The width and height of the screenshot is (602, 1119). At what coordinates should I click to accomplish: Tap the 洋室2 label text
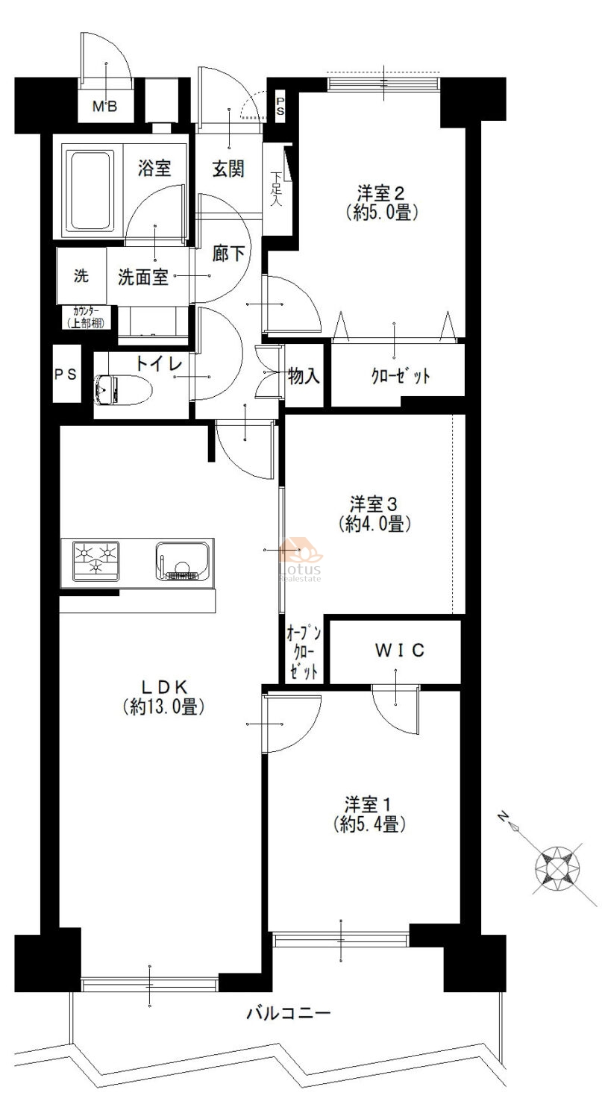point(381,192)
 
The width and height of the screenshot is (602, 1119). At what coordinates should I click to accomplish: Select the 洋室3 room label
point(374,504)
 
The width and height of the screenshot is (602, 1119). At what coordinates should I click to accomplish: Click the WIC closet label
point(400,650)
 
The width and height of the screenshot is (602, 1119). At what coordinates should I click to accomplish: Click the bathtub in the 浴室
point(90,191)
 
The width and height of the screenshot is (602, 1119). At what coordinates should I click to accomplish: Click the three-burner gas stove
point(96,561)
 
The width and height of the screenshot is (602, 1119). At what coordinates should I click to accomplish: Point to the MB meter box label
point(105,106)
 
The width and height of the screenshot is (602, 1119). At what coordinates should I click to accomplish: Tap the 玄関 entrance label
point(228,169)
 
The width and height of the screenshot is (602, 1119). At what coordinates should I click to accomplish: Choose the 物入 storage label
point(304,376)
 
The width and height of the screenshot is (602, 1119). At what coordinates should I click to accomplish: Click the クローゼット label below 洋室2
point(401,376)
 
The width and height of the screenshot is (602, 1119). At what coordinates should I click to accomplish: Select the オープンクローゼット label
point(304,653)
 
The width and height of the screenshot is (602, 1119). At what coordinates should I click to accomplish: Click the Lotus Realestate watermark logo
point(300,559)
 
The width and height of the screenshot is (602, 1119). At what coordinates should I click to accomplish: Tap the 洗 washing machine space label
point(81,275)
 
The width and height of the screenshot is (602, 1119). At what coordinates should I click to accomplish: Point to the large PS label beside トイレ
point(66,374)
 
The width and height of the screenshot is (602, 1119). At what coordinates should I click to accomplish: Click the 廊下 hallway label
point(228,254)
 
